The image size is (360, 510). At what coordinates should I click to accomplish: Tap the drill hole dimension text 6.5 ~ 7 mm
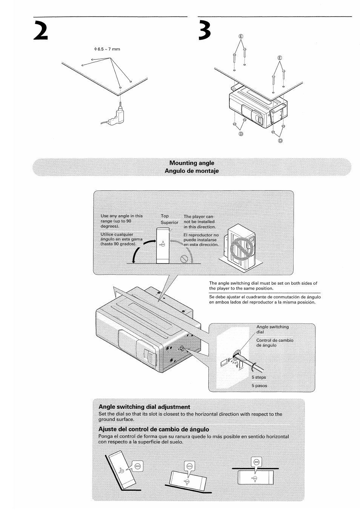coord(107,49)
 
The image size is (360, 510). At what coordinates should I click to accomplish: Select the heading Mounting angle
coord(192,163)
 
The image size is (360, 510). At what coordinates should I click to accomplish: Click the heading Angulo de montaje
coord(192,171)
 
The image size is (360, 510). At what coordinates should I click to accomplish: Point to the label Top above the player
coord(165,216)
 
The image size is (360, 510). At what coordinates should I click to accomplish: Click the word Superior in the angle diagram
coord(169,223)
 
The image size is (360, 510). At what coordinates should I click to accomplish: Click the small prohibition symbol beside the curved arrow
coord(184,259)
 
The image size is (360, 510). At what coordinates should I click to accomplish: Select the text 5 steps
coord(259,377)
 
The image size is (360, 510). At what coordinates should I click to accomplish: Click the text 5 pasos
coord(259,386)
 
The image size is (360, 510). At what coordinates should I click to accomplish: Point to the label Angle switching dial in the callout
coord(272,329)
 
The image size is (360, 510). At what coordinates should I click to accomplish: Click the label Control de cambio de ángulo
coord(274,343)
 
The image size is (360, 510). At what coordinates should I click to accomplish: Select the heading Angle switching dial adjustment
coord(144,407)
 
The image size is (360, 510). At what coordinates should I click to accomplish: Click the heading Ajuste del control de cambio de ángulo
coord(154,429)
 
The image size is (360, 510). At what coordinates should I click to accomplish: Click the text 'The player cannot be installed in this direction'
coord(200,222)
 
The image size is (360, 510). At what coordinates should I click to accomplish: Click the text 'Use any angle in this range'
coord(122,221)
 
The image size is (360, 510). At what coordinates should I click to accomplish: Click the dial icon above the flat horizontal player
coord(256,461)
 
